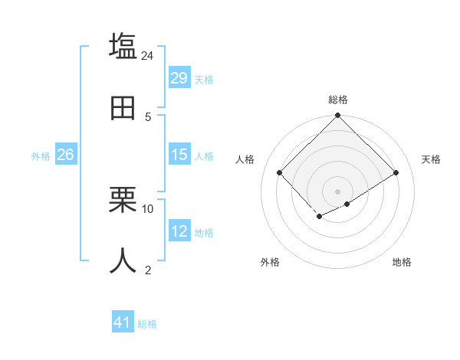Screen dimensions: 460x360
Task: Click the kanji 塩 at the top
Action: point(123,46)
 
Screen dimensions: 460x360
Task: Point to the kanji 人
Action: point(123,260)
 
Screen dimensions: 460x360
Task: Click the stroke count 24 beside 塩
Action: point(147,56)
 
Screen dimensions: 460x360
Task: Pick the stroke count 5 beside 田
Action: point(148,117)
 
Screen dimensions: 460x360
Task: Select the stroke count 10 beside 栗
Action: point(148,208)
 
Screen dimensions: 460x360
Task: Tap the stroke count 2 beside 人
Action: point(148,270)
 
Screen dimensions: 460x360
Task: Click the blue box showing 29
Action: point(179,78)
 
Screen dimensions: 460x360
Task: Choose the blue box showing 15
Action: point(179,155)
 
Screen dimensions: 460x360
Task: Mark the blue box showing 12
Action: point(179,231)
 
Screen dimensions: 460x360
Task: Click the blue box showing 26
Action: point(65,155)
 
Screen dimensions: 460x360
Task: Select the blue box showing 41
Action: point(123,322)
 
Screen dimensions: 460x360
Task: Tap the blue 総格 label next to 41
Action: point(147,324)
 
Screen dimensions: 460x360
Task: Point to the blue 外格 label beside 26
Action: point(41,156)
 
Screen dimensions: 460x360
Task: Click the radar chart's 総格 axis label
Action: point(338,100)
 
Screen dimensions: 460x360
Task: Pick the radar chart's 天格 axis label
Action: point(431,159)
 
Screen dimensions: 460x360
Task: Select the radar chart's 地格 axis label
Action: point(402,262)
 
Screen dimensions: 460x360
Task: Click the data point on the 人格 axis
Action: point(280,172)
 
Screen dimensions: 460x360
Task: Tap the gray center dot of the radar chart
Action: point(337,191)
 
